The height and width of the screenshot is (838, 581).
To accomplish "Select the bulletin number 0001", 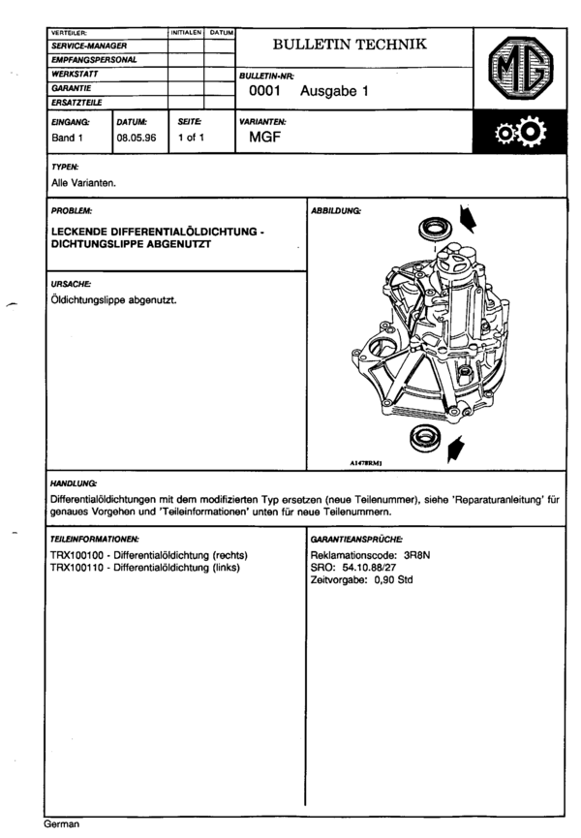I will tap(264, 92).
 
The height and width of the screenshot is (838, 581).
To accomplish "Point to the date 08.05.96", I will tap(135, 138).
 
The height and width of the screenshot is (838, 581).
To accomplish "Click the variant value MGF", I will tap(264, 138).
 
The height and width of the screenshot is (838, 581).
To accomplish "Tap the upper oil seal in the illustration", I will tap(432, 230).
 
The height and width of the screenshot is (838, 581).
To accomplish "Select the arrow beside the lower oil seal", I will tap(457, 448).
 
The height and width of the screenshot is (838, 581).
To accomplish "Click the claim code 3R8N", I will tap(418, 555).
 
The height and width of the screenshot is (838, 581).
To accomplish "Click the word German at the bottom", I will tap(61, 824).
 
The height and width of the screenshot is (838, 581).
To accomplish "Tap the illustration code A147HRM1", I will tap(368, 463).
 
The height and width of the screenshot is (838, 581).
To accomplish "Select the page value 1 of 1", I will tap(188, 138).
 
